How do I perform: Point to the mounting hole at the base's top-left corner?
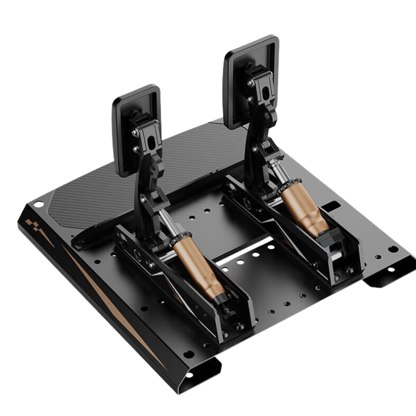pyautogui.click(x=38, y=204)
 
